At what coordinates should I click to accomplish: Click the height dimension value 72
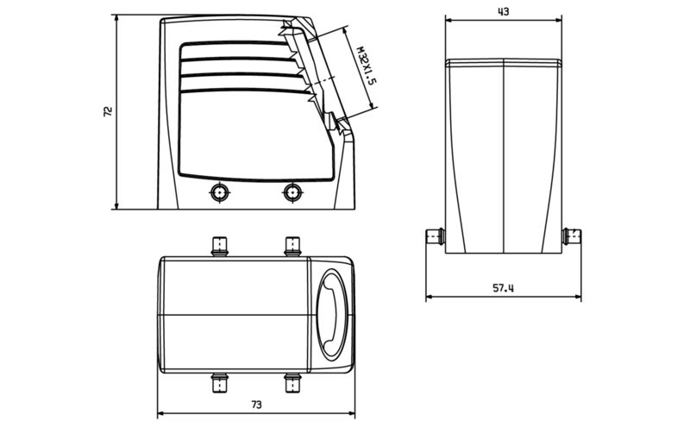pyautogui.click(x=108, y=112)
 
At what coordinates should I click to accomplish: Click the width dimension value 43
pyautogui.click(x=503, y=11)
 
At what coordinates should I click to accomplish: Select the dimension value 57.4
pyautogui.click(x=503, y=288)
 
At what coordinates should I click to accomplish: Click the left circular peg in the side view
pyautogui.click(x=220, y=192)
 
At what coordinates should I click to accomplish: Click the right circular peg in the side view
pyautogui.click(x=293, y=192)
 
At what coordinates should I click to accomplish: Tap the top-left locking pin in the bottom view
pyautogui.click(x=220, y=247)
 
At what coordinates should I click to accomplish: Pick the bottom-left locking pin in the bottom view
pyautogui.click(x=220, y=380)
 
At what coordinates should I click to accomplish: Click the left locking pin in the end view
pyautogui.click(x=435, y=235)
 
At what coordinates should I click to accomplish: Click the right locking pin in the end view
pyautogui.click(x=571, y=235)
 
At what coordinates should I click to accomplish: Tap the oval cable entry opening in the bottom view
pyautogui.click(x=331, y=314)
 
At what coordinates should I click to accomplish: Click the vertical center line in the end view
pyautogui.click(x=503, y=155)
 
